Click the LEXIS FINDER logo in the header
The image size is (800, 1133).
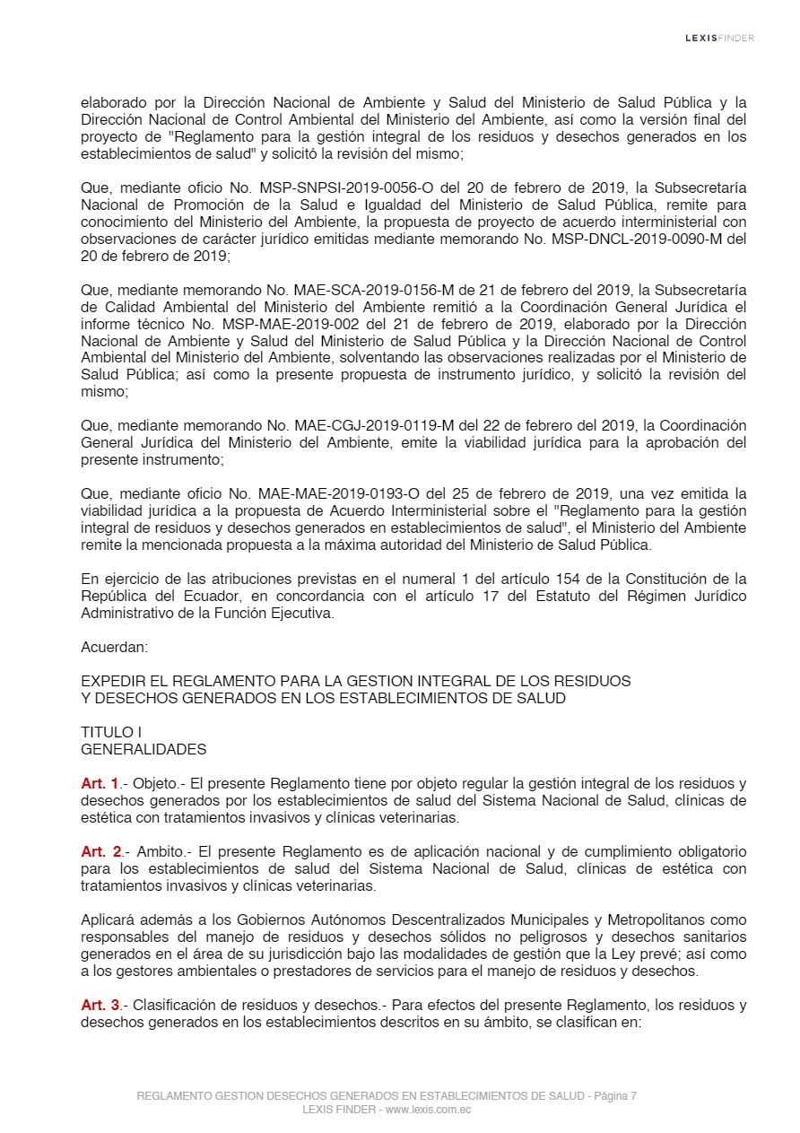(718, 38)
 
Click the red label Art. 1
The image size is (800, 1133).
(100, 783)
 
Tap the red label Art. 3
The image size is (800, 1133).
(100, 1006)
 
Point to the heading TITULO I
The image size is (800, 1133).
(111, 732)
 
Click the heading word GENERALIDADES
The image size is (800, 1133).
(143, 749)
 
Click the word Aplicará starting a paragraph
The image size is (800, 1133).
(111, 920)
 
